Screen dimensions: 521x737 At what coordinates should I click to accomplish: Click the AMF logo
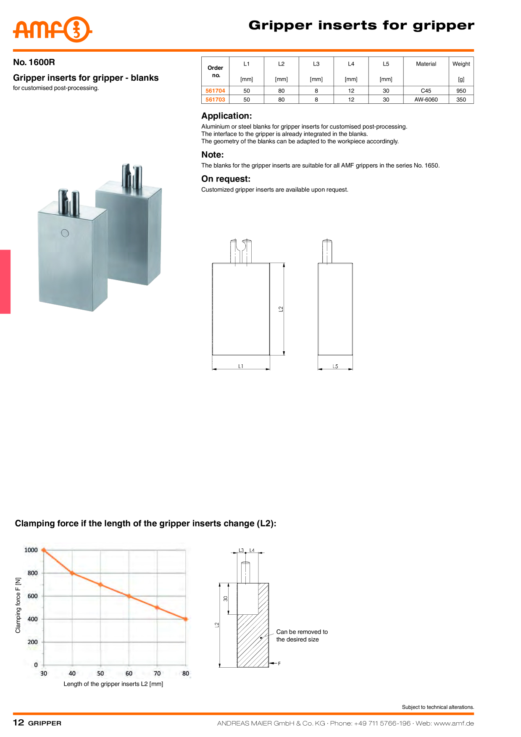53,29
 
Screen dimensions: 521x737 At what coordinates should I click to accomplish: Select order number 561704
215,91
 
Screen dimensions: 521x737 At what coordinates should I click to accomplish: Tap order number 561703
215,100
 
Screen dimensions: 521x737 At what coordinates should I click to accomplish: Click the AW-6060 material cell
426,100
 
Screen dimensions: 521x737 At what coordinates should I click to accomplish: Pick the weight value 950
461,91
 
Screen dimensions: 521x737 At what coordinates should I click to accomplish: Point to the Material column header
426,64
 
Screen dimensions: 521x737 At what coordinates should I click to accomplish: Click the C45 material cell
426,91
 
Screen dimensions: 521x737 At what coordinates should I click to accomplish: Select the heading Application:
226,116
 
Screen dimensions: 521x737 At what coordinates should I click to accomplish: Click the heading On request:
226,179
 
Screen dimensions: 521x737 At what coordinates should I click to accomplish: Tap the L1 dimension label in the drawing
241,366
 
